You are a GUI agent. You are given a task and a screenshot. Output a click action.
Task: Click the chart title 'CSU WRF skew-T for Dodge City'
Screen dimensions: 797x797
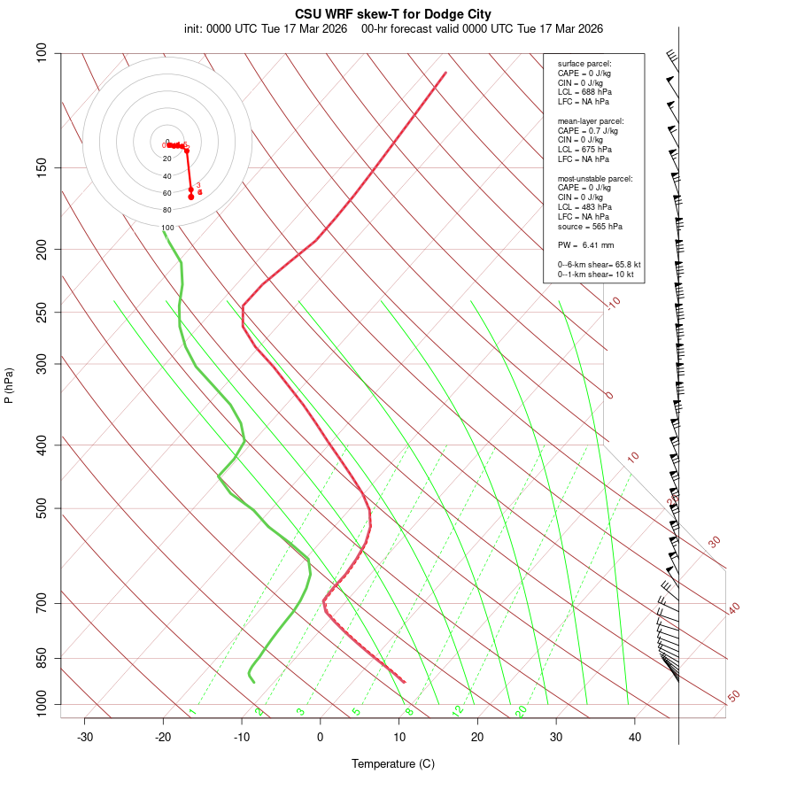click(x=392, y=14)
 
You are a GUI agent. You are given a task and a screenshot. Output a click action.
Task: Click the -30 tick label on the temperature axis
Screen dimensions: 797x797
click(x=85, y=737)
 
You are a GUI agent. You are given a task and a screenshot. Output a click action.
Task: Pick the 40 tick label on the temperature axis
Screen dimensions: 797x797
click(x=635, y=737)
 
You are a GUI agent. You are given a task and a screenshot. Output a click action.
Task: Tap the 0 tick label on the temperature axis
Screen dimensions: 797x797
click(x=321, y=737)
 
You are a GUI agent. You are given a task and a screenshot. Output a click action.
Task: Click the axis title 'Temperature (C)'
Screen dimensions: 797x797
click(x=392, y=763)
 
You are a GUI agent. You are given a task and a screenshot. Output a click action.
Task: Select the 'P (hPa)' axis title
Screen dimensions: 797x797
click(x=10, y=385)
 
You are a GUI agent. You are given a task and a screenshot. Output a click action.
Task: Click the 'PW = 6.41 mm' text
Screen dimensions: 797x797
click(x=585, y=245)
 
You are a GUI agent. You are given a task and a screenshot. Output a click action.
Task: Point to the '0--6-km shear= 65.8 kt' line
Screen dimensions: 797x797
click(x=599, y=265)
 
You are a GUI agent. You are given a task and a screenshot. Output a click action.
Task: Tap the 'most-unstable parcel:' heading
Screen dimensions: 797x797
click(x=595, y=179)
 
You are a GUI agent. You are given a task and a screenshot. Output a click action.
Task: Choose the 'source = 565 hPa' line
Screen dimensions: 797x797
click(x=590, y=227)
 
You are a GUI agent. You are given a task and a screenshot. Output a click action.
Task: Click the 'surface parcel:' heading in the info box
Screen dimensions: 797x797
click(x=584, y=64)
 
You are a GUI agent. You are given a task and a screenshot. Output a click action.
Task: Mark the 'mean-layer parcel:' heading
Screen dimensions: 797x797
click(x=591, y=121)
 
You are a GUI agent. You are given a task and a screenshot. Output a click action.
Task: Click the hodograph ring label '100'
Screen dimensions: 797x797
click(x=167, y=228)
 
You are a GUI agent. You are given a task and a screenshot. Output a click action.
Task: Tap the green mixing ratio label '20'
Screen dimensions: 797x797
click(x=522, y=710)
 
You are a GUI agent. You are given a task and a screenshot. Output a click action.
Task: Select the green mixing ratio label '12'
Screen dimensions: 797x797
click(x=458, y=710)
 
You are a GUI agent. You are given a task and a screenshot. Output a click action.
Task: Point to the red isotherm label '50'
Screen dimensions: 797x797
click(x=733, y=697)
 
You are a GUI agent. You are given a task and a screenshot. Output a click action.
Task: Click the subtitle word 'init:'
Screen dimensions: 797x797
click(x=196, y=28)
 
